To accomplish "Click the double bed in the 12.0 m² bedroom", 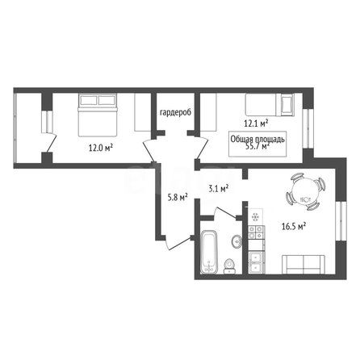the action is coord(98,115).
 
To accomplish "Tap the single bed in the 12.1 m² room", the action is coord(270,105).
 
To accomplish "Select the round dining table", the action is coord(305,191).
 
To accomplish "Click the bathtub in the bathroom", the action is coord(209,253).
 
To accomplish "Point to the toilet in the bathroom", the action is coord(229,266).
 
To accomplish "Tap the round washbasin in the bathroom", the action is coord(237,241).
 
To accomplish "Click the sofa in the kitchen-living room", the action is coord(303,265).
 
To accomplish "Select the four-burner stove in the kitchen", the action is coord(256,232).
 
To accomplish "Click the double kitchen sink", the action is coord(256,262).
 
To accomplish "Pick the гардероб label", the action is coord(175,112).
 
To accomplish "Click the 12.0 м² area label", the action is coord(101,148).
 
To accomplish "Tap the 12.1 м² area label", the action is coord(256,123).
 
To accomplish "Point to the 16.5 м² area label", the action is coord(294,226).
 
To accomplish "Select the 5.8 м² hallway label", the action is coord(178,198).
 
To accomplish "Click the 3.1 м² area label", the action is coord(219,188).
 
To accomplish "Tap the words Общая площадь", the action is coord(257,139).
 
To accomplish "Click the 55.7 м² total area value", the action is coord(257,146).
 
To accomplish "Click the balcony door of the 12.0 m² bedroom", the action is coord(49,143).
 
